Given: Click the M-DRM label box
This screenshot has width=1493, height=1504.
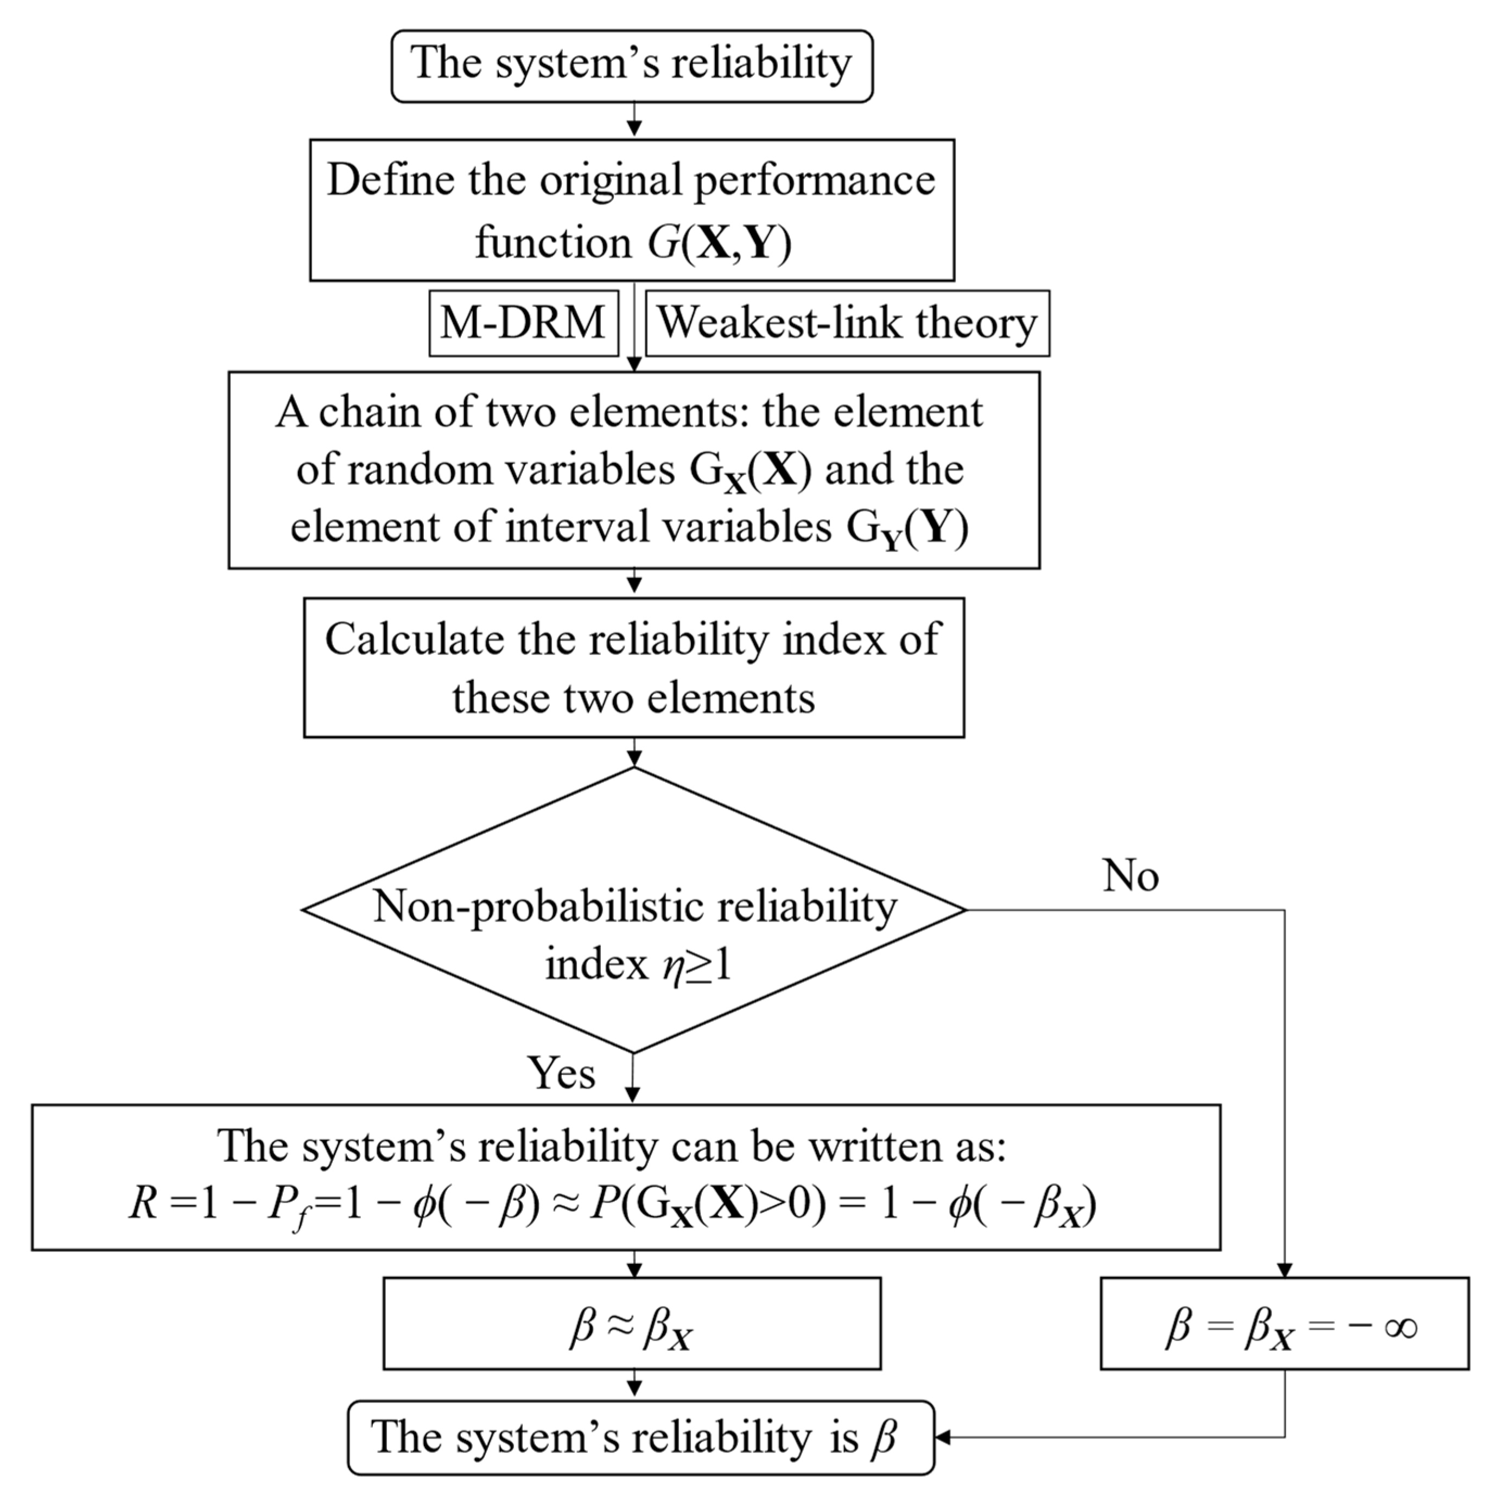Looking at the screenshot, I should (523, 323).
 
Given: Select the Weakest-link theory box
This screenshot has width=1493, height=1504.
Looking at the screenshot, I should (847, 323).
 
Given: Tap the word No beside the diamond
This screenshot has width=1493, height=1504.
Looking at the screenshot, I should (1130, 876).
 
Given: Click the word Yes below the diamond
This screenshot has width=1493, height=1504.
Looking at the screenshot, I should (561, 1073).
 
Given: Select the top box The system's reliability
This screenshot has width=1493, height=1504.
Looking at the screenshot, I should (632, 66).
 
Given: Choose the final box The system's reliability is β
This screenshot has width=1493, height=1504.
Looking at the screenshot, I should (640, 1437).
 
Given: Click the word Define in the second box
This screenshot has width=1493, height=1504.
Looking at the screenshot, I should (391, 181).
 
